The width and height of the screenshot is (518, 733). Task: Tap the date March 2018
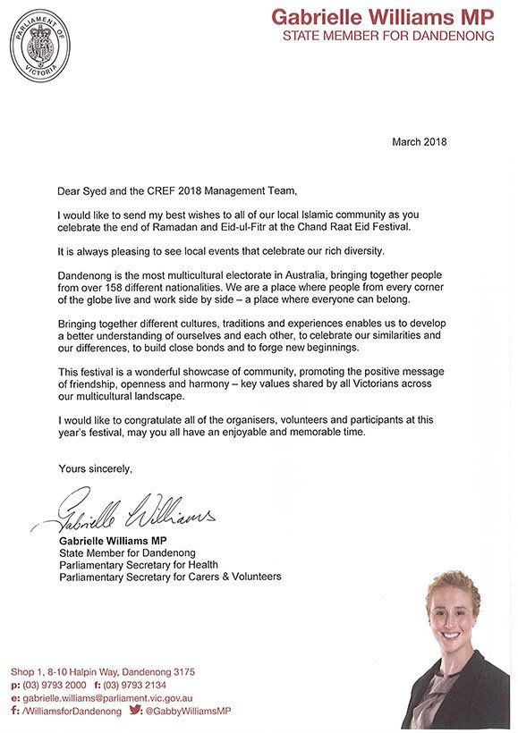(x=420, y=142)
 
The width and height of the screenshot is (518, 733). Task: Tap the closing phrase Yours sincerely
(x=95, y=468)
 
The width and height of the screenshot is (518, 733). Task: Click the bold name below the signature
(x=114, y=542)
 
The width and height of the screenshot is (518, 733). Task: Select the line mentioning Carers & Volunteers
(x=170, y=577)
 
